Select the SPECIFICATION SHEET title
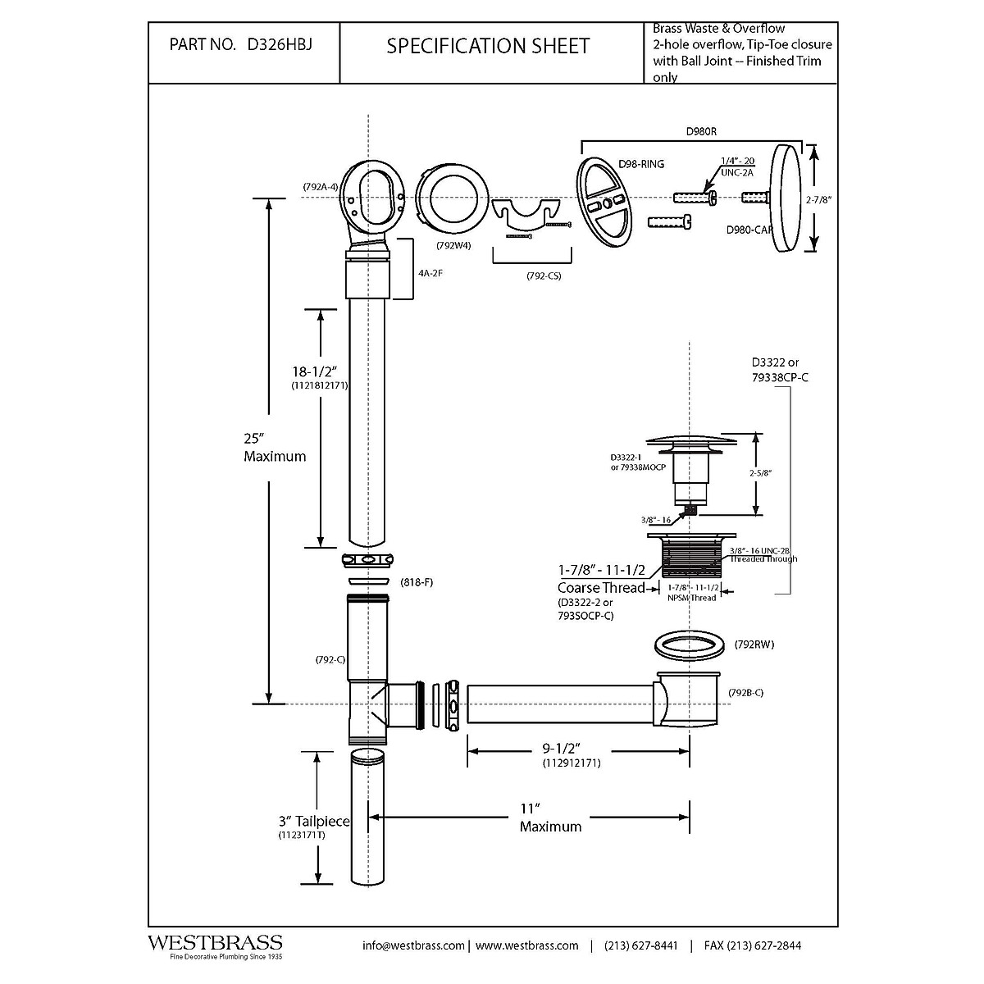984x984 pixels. (488, 47)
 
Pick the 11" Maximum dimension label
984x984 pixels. (550, 818)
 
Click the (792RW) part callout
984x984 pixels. (754, 645)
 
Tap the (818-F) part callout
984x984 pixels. (416, 582)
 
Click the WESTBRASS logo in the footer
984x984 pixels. (214, 944)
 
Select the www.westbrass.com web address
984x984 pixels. (526, 945)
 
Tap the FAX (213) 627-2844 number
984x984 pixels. (752, 945)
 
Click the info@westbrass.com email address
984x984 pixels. (414, 945)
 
